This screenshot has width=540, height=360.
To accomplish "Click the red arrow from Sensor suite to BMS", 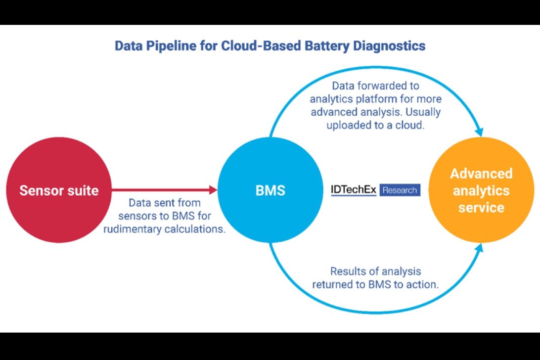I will tap(162, 190).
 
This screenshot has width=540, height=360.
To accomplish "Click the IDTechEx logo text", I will tap(353, 190).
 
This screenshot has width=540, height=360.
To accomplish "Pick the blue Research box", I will tap(399, 190).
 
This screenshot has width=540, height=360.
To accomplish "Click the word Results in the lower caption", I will tap(348, 272).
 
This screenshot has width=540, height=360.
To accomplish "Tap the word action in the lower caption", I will tap(423, 285).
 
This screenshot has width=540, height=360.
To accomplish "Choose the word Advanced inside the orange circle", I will tap(481, 173).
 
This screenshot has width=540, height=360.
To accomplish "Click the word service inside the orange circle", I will tap(481, 207).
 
